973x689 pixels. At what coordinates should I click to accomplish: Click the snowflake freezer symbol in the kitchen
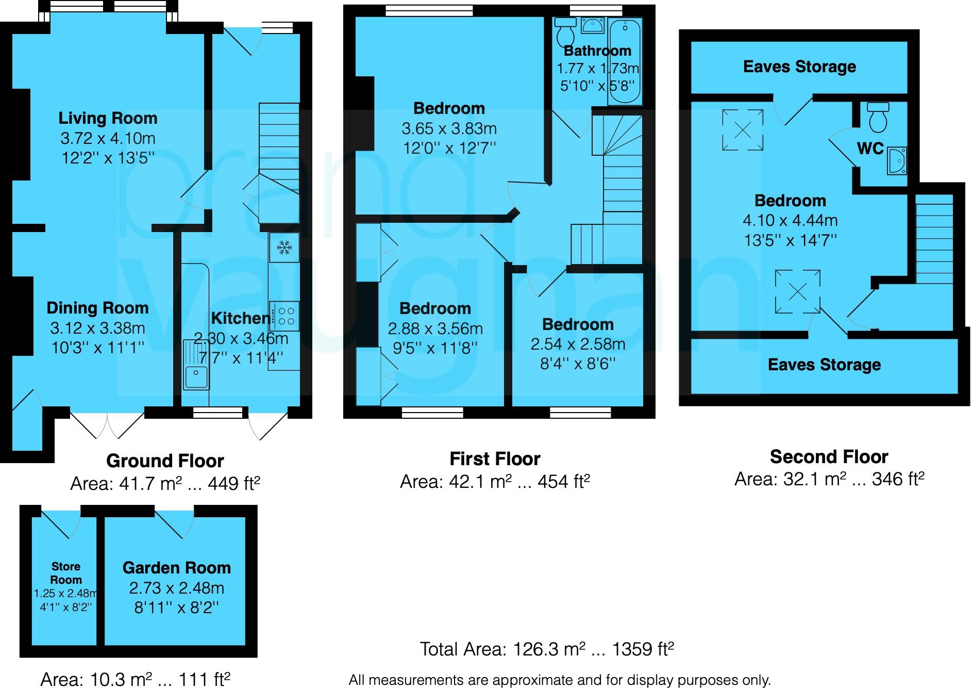[x=283, y=248]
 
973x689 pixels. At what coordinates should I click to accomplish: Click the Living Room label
[x=108, y=118]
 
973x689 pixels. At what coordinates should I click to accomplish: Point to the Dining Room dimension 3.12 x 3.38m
[x=97, y=328]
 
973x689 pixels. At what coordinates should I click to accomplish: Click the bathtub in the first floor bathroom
[x=625, y=60]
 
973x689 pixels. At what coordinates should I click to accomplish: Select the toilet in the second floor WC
[x=878, y=118]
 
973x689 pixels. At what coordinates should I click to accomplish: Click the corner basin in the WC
[x=897, y=161]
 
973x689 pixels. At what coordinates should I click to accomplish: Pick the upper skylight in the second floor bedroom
[x=742, y=130]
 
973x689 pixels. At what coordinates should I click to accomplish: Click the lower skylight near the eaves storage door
[x=797, y=292]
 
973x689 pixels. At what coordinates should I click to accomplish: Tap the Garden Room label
[x=176, y=568]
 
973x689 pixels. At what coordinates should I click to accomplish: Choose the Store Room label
[x=65, y=573]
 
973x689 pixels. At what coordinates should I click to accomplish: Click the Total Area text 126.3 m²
[x=547, y=649]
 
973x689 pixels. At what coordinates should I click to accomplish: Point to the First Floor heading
[x=495, y=458]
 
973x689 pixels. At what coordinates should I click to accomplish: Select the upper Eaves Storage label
[x=799, y=67]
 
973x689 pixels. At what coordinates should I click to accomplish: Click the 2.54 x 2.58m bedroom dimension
[x=578, y=344]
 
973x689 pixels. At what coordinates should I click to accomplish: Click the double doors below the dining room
[x=107, y=426]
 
